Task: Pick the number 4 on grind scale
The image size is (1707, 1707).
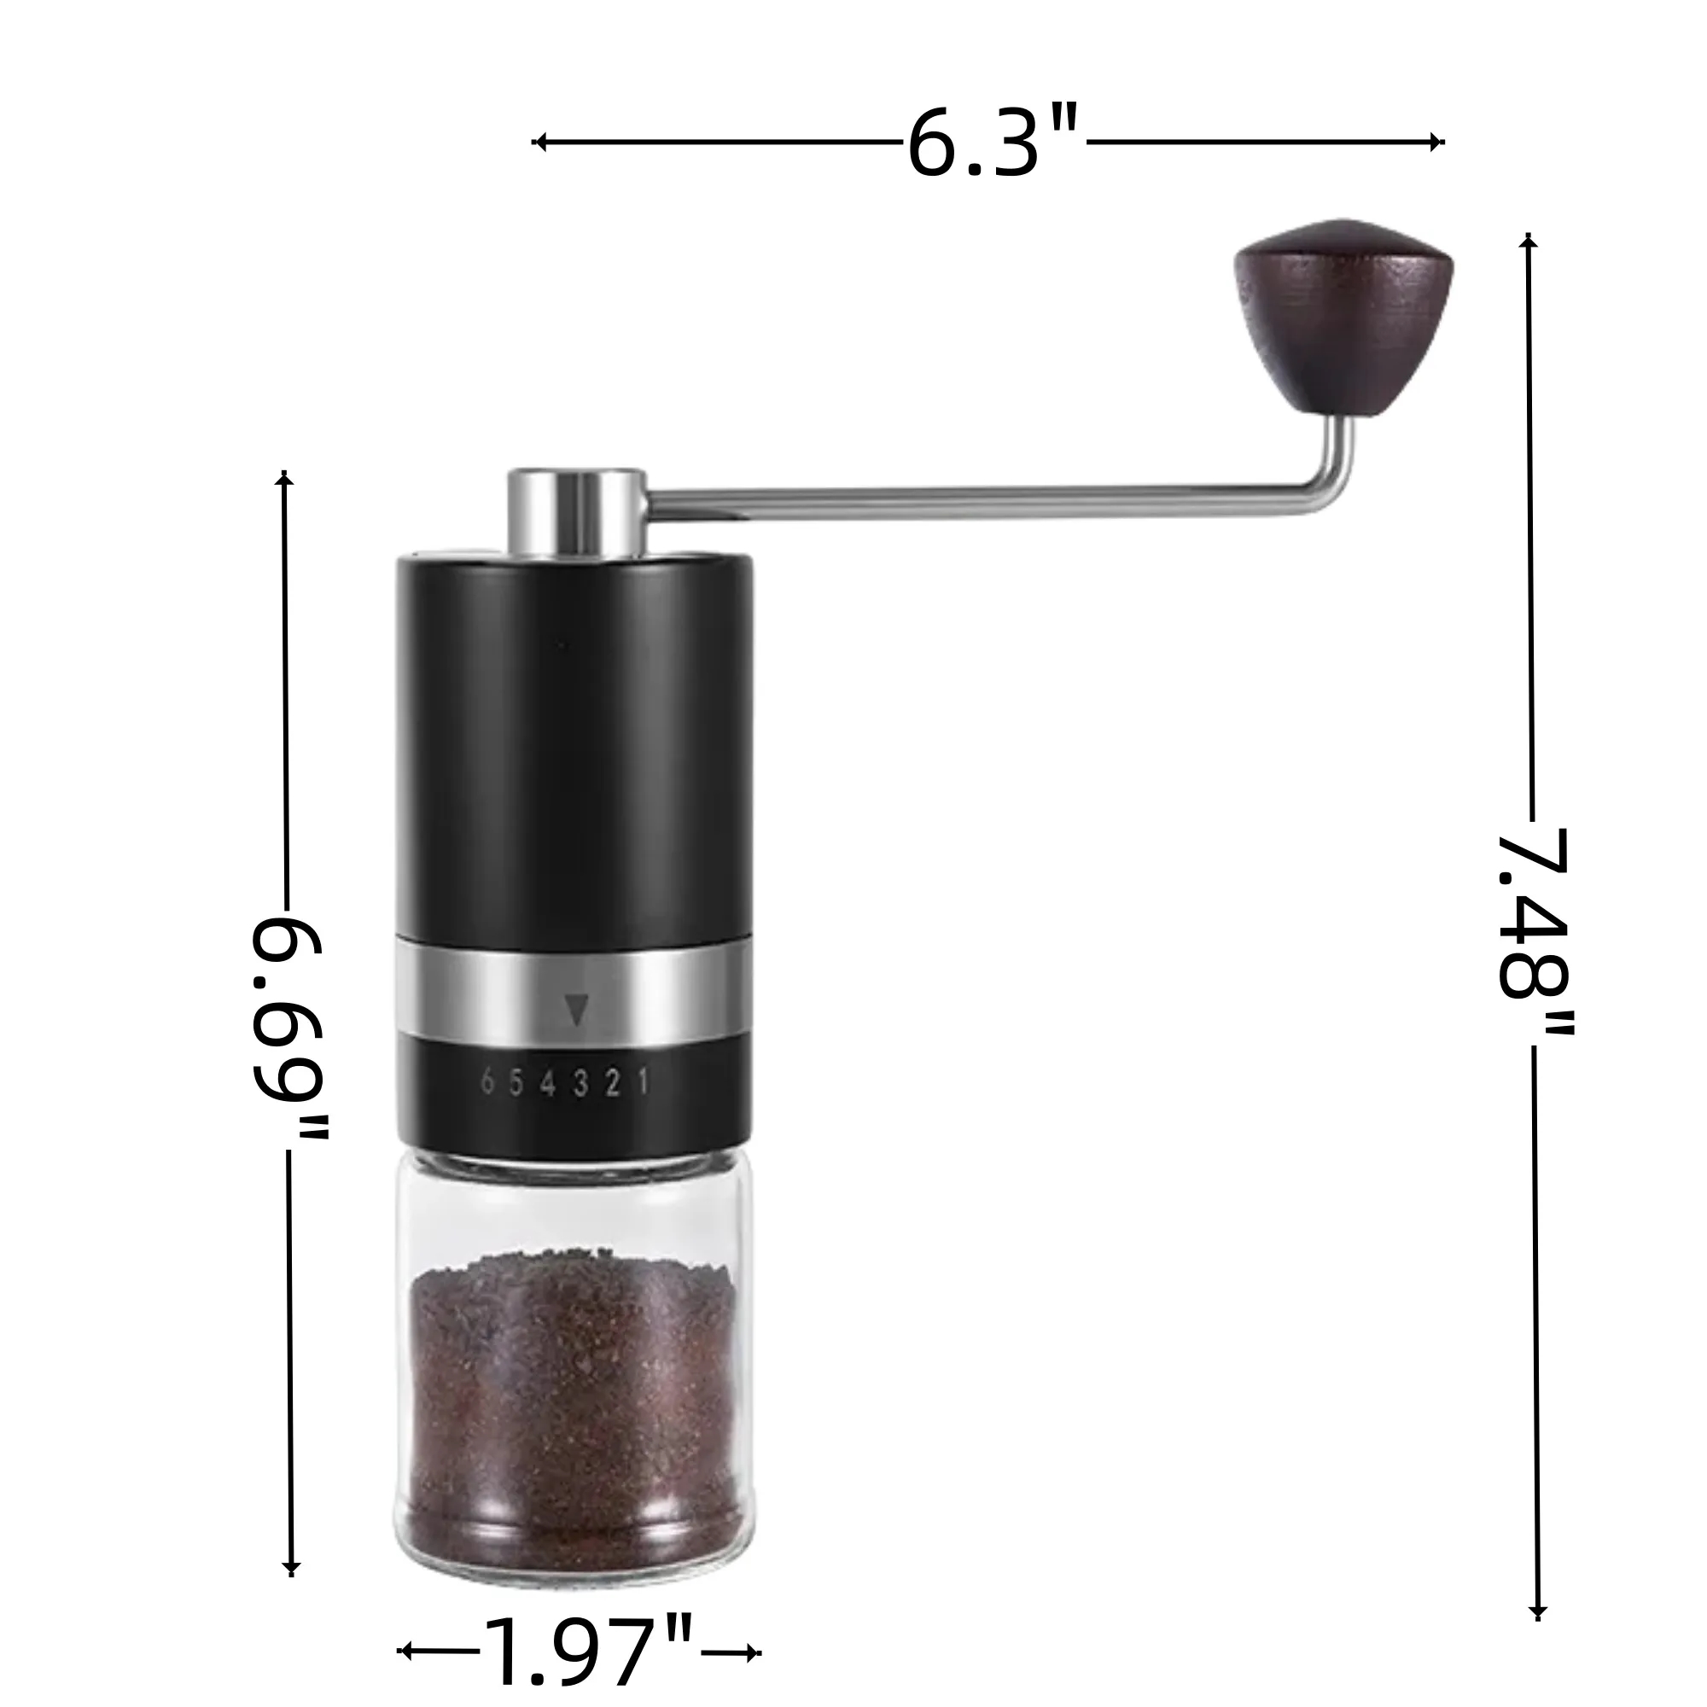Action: [548, 1083]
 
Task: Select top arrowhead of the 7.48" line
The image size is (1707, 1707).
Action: [1529, 241]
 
